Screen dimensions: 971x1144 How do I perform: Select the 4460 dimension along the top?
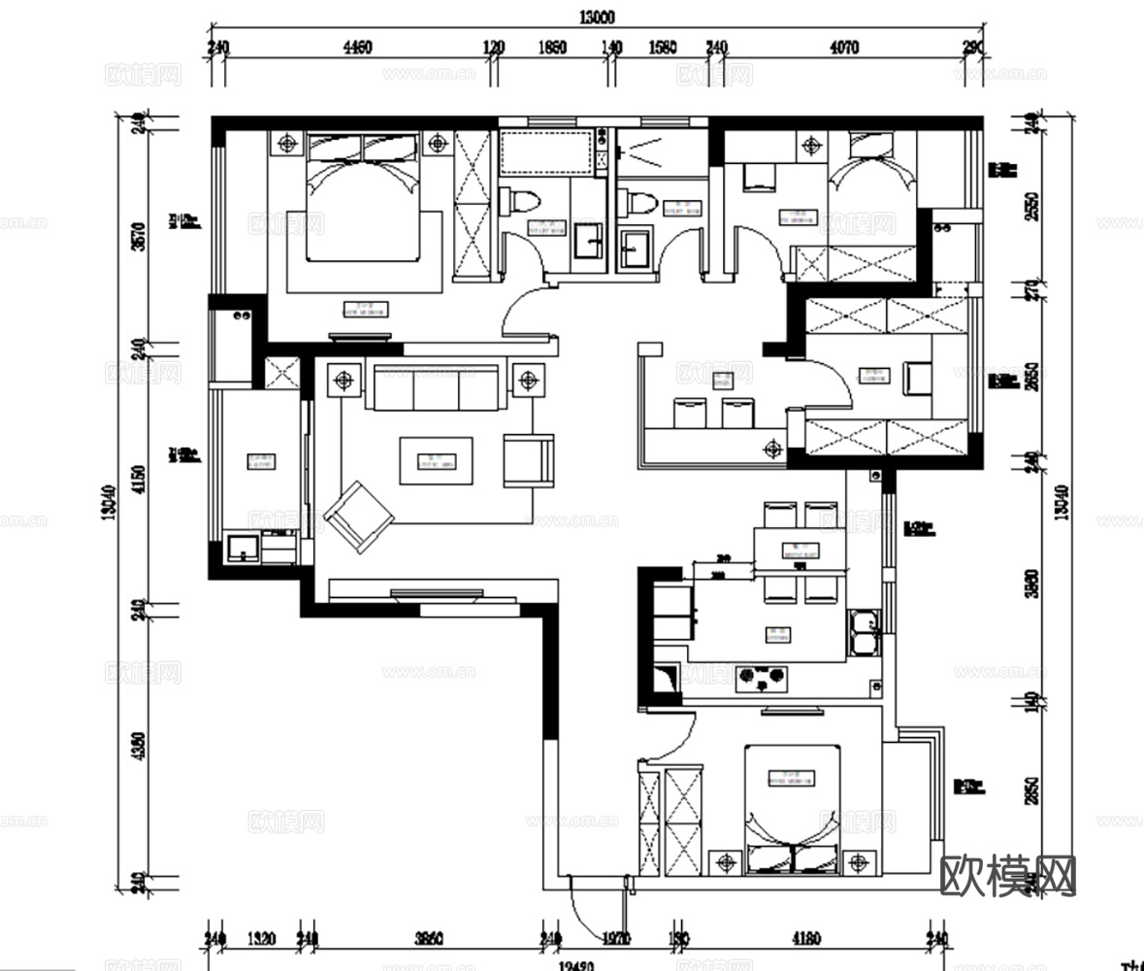tap(358, 50)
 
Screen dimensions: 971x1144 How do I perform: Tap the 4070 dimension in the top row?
tap(845, 50)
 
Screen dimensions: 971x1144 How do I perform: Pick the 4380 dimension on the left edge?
tap(137, 746)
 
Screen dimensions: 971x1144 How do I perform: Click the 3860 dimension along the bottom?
tap(429, 939)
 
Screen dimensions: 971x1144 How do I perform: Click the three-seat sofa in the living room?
tap(436, 388)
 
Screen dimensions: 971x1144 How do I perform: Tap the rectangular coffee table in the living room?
tap(437, 460)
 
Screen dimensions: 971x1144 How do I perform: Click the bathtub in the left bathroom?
tap(544, 153)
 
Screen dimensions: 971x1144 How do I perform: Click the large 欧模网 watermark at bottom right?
tap(1009, 876)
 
